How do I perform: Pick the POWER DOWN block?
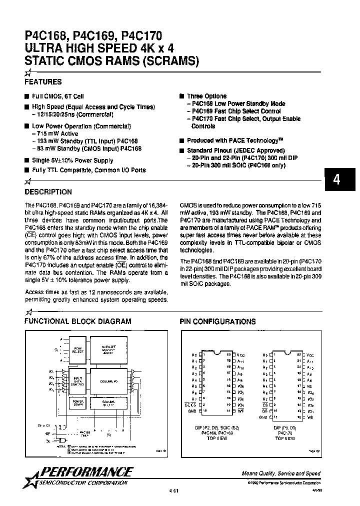coord(78,402)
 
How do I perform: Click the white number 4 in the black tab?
coord(337,180)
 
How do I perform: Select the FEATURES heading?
coord(43,82)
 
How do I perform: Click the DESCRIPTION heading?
coord(48,192)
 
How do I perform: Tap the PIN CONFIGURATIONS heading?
coord(217,321)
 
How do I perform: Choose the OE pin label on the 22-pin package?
coord(265,410)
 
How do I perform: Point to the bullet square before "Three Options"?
coord(182,96)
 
